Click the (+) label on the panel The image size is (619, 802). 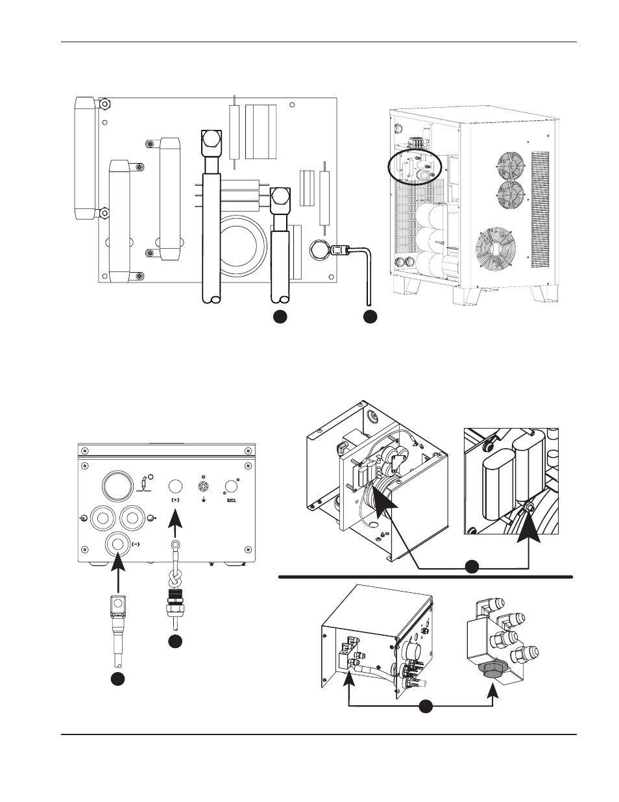coord(175,501)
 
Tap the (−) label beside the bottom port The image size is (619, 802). coord(136,544)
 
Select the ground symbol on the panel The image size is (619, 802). coord(203,500)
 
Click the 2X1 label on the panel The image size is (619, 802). coord(230,501)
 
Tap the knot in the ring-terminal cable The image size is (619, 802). coord(175,576)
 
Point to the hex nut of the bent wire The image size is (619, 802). coord(319,249)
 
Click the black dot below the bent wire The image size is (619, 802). coord(370,316)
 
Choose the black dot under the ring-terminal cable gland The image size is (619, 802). coord(175,641)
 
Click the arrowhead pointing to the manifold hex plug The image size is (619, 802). coord(493,694)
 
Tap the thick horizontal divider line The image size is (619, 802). coord(425,577)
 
